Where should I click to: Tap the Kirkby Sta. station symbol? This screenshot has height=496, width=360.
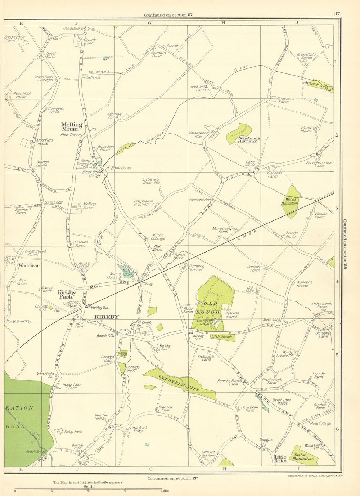pos(87,306)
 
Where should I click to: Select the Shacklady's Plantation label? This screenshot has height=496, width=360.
pos(248,139)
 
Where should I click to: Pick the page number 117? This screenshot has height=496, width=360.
pos(336,14)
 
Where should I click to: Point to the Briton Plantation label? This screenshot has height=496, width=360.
pos(303,457)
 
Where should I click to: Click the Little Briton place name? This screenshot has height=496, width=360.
pos(281,459)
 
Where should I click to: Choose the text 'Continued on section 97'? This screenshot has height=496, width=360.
pos(168,15)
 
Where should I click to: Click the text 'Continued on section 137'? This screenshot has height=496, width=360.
pos(172,478)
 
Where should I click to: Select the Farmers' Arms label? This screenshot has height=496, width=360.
pos(201,199)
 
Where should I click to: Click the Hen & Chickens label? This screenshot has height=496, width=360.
pos(75,28)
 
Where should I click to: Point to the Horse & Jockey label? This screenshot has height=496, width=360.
pos(18,321)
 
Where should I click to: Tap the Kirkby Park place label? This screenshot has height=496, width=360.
pos(67,295)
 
